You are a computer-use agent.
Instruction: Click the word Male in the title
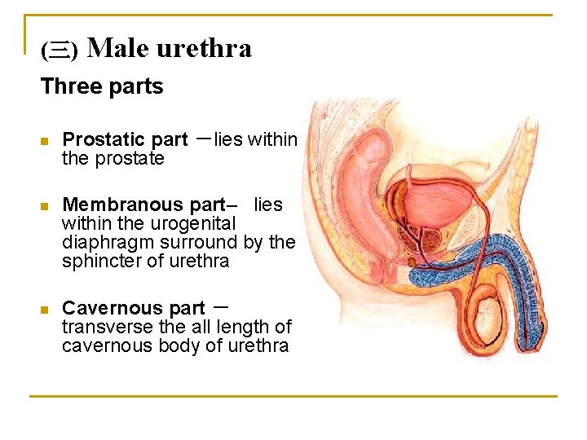[117, 49]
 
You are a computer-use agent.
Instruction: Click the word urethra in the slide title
[204, 49]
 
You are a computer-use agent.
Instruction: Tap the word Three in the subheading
[66, 86]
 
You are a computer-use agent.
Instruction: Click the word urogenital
[195, 223]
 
